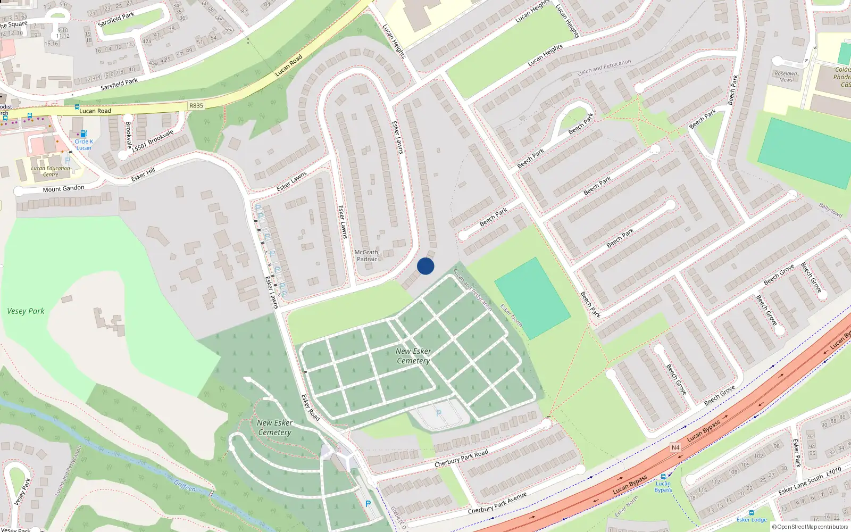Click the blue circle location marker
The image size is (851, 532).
click(425, 266)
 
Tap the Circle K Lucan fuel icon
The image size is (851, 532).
click(84, 134)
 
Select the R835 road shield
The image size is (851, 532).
click(196, 105)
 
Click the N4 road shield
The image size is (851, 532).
click(675, 447)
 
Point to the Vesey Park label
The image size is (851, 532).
click(26, 311)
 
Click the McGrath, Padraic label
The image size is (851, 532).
click(367, 256)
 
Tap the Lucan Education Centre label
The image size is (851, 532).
click(51, 171)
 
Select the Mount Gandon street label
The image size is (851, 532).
click(63, 189)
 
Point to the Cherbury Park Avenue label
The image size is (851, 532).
click(497, 503)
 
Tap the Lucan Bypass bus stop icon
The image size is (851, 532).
click(663, 477)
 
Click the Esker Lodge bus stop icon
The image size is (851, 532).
click(751, 513)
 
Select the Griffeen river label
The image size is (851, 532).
click(185, 486)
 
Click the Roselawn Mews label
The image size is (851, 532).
click(786, 77)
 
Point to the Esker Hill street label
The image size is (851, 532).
click(143, 174)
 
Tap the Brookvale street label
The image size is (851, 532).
click(128, 135)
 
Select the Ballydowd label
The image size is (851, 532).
click(830, 210)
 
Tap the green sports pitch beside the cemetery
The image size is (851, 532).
click(532, 298)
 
